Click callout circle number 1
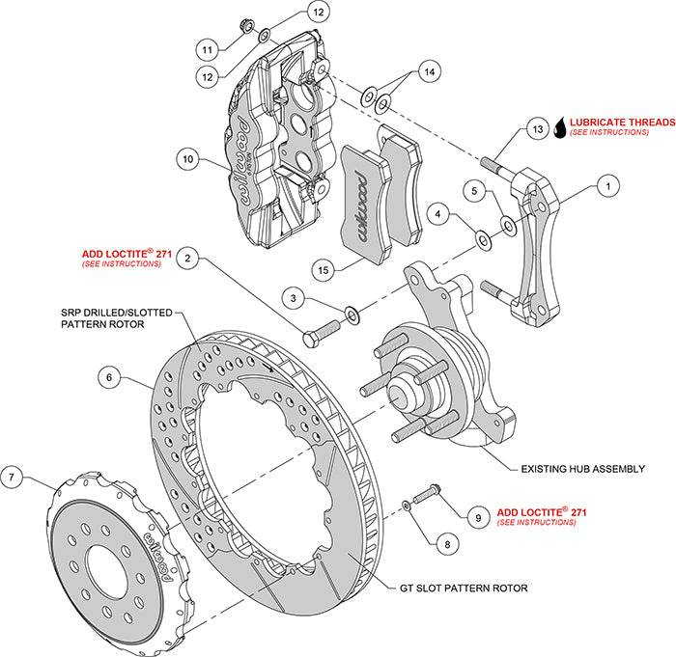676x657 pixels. (x=607, y=181)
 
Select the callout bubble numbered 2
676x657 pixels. (x=190, y=258)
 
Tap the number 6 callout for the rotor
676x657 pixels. (x=113, y=378)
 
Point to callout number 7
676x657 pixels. (x=12, y=476)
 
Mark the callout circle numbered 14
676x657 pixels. (x=431, y=70)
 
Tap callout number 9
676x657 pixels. (x=477, y=516)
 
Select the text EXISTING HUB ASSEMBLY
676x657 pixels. (x=581, y=468)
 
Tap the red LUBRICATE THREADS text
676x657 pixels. (x=622, y=123)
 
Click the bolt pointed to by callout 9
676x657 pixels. (x=429, y=496)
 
